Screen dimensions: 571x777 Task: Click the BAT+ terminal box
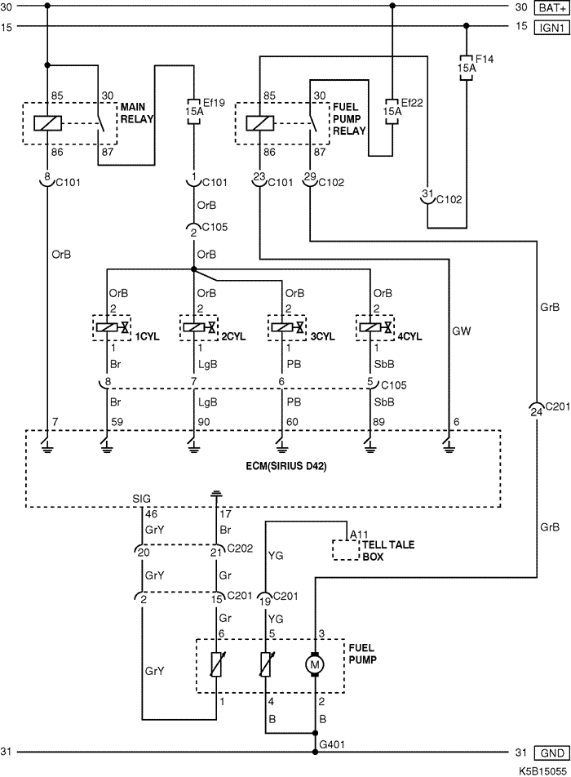551,8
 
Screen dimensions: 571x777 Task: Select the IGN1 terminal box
551,27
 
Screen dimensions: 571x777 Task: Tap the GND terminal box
551,753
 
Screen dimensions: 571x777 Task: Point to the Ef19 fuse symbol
193,110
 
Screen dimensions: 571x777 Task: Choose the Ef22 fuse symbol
392,110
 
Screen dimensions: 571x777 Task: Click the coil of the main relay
47,123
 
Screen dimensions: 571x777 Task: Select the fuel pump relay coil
260,123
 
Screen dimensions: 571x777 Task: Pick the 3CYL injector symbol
287,327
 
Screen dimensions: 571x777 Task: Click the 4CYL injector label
409,336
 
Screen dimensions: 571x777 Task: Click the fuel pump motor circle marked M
315,664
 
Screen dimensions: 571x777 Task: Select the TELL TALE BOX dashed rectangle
345,551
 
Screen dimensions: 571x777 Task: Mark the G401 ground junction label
332,744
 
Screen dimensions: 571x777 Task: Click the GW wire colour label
461,331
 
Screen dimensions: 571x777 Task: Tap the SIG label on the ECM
142,499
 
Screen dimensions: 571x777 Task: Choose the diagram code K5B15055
543,771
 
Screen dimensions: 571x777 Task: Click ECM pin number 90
204,422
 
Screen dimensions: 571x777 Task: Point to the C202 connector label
240,548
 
